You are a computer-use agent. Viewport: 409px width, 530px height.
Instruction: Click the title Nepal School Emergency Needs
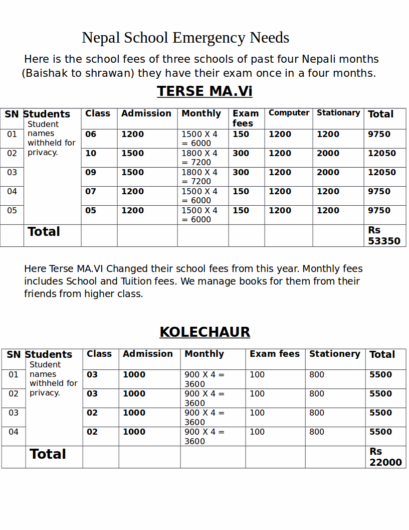pyautogui.click(x=185, y=38)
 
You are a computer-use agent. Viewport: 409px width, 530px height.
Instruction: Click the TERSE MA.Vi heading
pyautogui.click(x=204, y=91)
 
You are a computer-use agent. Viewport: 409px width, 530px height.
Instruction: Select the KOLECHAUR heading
pyautogui.click(x=204, y=332)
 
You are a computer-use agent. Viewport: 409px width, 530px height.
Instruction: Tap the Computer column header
pyautogui.click(x=289, y=113)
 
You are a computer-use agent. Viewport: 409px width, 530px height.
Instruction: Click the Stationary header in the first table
pyautogui.click(x=338, y=113)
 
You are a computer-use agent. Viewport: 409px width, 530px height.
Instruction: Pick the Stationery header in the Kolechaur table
pyautogui.click(x=334, y=354)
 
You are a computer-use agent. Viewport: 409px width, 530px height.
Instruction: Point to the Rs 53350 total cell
pyautogui.click(x=384, y=235)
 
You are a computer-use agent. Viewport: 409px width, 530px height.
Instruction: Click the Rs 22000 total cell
pyautogui.click(x=385, y=457)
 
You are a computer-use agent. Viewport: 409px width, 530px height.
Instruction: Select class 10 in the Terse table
pyautogui.click(x=91, y=154)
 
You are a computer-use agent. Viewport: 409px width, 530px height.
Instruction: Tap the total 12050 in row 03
pyautogui.click(x=382, y=173)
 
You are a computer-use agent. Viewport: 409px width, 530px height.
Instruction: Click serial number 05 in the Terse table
pyautogui.click(x=12, y=211)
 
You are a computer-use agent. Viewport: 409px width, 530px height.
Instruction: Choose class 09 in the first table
pyautogui.click(x=91, y=173)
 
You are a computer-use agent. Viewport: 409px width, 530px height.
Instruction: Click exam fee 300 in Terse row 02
pyautogui.click(x=241, y=154)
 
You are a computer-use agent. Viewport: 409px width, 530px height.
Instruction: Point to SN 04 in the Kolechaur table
pyautogui.click(x=14, y=432)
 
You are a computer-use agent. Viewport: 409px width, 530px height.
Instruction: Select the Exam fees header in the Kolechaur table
pyautogui.click(x=275, y=354)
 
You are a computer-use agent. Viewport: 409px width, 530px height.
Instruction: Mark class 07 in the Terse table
pyautogui.click(x=91, y=192)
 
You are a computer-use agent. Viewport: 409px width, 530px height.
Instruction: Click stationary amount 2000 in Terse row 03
pyautogui.click(x=328, y=173)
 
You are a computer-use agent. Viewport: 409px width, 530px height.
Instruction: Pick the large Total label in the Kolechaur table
pyautogui.click(x=48, y=454)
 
